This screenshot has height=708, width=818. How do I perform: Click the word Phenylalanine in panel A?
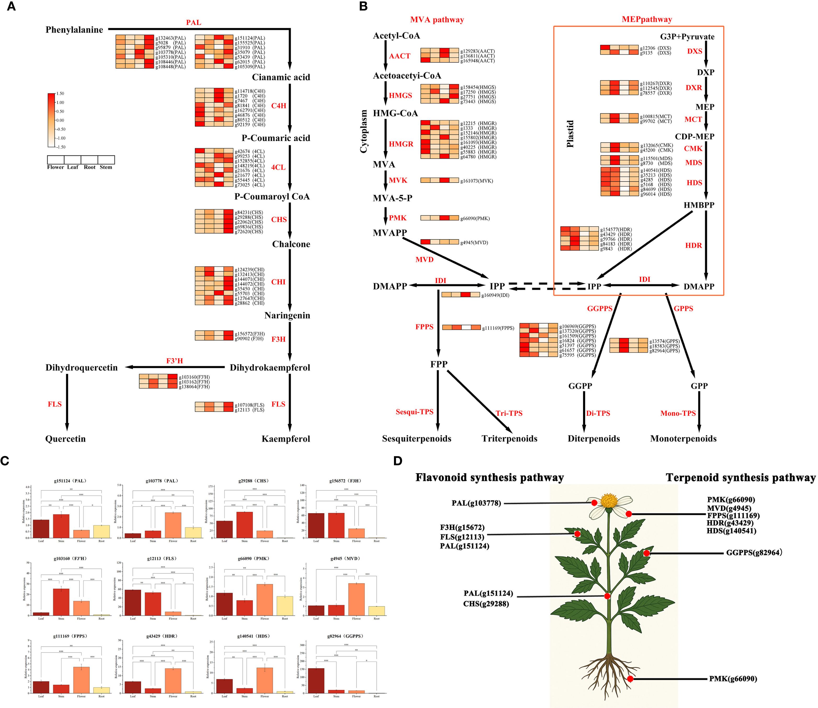tap(74, 30)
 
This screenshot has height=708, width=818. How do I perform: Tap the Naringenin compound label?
tap(287, 315)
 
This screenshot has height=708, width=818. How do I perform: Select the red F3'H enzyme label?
tap(174, 361)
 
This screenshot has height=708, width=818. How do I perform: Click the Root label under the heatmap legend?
tap(90, 167)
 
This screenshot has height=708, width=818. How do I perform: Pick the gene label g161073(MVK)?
tap(477, 181)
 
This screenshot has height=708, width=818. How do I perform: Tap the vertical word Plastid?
tap(570, 134)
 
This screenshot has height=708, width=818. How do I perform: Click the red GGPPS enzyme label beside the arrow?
tap(600, 309)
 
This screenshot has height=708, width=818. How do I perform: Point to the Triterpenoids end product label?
tap(509, 438)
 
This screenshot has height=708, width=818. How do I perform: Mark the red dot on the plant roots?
tap(630, 679)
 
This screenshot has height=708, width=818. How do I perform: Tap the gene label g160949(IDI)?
tap(495, 295)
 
